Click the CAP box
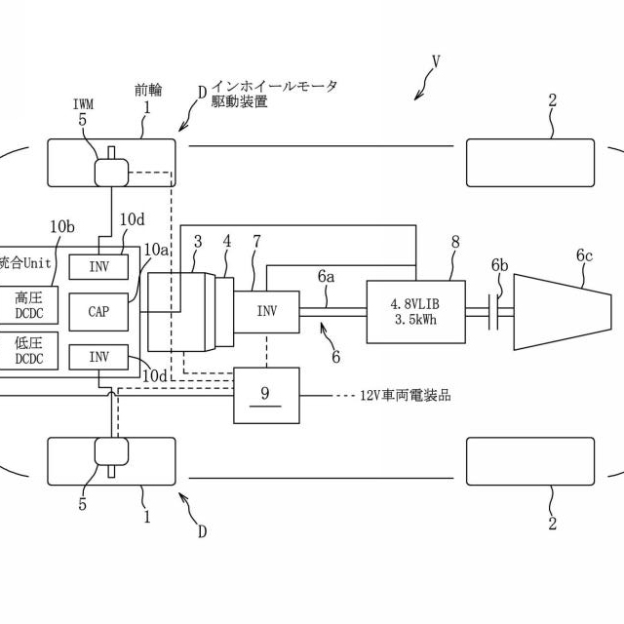pos(98,312)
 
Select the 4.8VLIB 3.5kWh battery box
pos(416,312)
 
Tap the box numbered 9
pos(266,396)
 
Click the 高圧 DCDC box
pos(28,304)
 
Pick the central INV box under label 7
pos(266,312)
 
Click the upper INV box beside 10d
pos(98,266)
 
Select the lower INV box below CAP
pos(98,357)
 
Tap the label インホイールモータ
pos(276,88)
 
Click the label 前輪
pos(148,89)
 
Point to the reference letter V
pos(436,60)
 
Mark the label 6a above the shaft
pos(326,276)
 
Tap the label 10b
pos(62,226)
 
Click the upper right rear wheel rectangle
pos(529,163)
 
